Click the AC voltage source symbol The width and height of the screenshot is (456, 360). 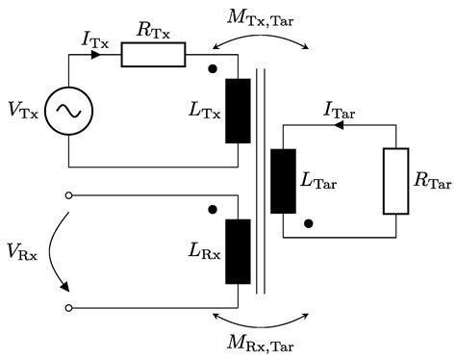[69, 111]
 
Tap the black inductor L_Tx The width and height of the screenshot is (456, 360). [237, 111]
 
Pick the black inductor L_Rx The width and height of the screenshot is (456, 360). [237, 251]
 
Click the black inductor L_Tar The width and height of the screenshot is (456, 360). [283, 181]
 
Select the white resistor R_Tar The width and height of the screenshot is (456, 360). [395, 181]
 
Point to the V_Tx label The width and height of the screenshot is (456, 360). [25, 112]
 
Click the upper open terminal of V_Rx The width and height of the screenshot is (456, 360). [67, 195]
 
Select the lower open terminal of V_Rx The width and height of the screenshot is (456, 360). [67, 307]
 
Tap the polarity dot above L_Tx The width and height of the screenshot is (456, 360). [211, 69]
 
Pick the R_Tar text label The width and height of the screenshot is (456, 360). [430, 182]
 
